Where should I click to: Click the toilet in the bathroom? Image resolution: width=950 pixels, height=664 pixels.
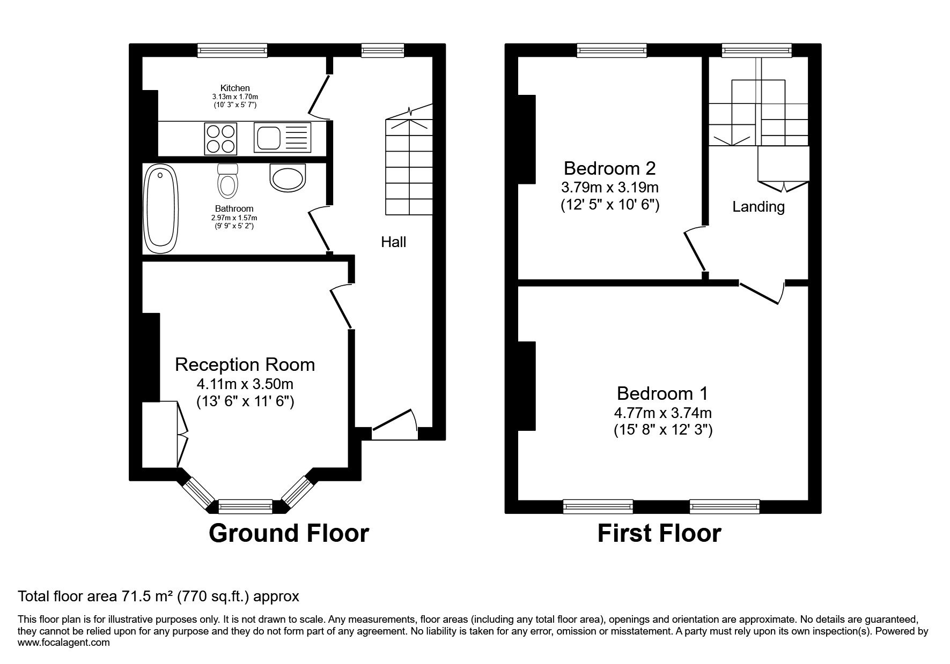(x=227, y=181)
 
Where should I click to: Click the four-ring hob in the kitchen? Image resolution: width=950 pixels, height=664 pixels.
(x=220, y=138)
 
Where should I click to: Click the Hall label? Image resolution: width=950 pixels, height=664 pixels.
(x=394, y=242)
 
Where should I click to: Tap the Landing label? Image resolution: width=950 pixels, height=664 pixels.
(x=758, y=207)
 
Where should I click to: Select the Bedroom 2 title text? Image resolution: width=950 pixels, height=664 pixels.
(x=610, y=169)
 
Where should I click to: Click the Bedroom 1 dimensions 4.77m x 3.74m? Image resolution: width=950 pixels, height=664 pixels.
(x=663, y=413)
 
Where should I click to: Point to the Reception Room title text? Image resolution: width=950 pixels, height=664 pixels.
(x=245, y=365)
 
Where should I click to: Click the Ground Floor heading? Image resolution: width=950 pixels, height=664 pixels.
(x=289, y=533)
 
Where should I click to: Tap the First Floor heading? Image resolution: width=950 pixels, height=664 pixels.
(x=659, y=534)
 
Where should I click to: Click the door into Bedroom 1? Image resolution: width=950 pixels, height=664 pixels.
(x=761, y=293)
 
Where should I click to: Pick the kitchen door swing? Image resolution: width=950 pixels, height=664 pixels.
(x=320, y=96)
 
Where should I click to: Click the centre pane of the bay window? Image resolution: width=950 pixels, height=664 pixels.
(x=246, y=506)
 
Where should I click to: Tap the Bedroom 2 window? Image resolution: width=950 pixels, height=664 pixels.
(x=612, y=50)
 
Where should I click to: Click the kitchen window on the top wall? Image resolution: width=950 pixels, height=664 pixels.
(x=232, y=50)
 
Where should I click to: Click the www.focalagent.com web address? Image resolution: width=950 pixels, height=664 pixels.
(x=64, y=643)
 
